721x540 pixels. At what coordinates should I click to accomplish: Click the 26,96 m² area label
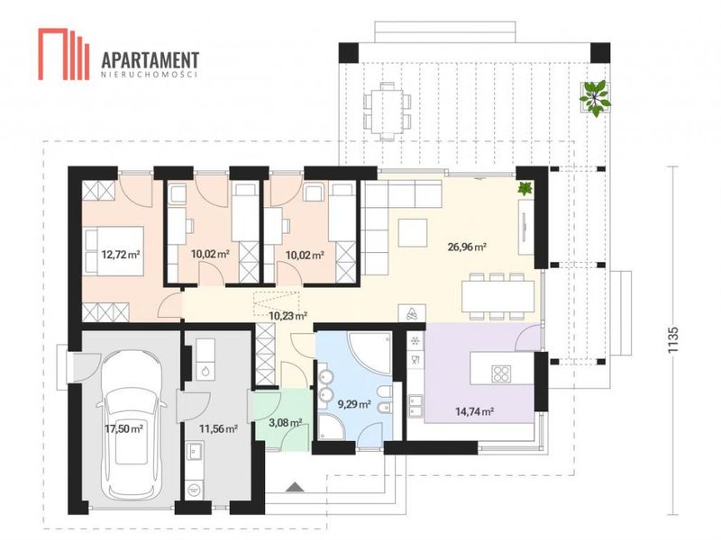[x=467, y=247]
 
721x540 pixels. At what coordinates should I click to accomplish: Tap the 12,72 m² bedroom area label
[x=121, y=255]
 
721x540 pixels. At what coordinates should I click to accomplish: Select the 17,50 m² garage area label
[x=123, y=429]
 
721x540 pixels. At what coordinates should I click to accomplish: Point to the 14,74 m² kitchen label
[x=475, y=411]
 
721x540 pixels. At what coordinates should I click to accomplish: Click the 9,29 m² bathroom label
[x=354, y=404]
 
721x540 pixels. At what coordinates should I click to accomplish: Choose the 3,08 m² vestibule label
[x=285, y=422]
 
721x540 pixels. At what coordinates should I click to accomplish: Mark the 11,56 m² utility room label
[x=218, y=429]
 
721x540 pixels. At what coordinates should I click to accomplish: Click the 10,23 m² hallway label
[x=287, y=316]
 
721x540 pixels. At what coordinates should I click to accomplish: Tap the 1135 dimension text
[x=673, y=340]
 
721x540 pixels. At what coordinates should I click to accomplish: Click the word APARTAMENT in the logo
[x=150, y=60]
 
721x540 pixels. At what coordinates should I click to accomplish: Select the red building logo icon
[x=63, y=54]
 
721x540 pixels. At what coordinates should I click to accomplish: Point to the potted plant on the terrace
[x=595, y=97]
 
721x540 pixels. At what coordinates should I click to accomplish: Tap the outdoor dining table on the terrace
[x=388, y=111]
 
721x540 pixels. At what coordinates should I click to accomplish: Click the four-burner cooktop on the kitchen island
[x=501, y=373]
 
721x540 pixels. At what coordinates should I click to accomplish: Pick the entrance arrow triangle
[x=295, y=487]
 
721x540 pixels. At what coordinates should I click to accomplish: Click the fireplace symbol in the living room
[x=412, y=313]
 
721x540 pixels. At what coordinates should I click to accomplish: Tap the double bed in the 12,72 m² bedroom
[x=114, y=251]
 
